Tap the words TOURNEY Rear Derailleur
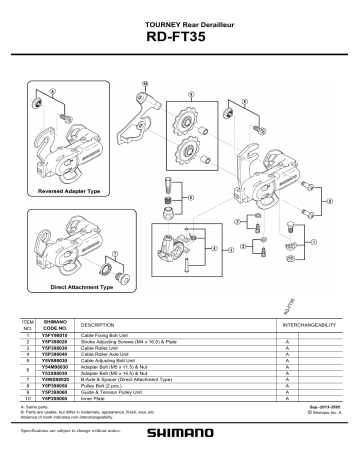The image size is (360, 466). click(180, 21)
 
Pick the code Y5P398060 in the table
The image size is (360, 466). click(56, 404)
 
